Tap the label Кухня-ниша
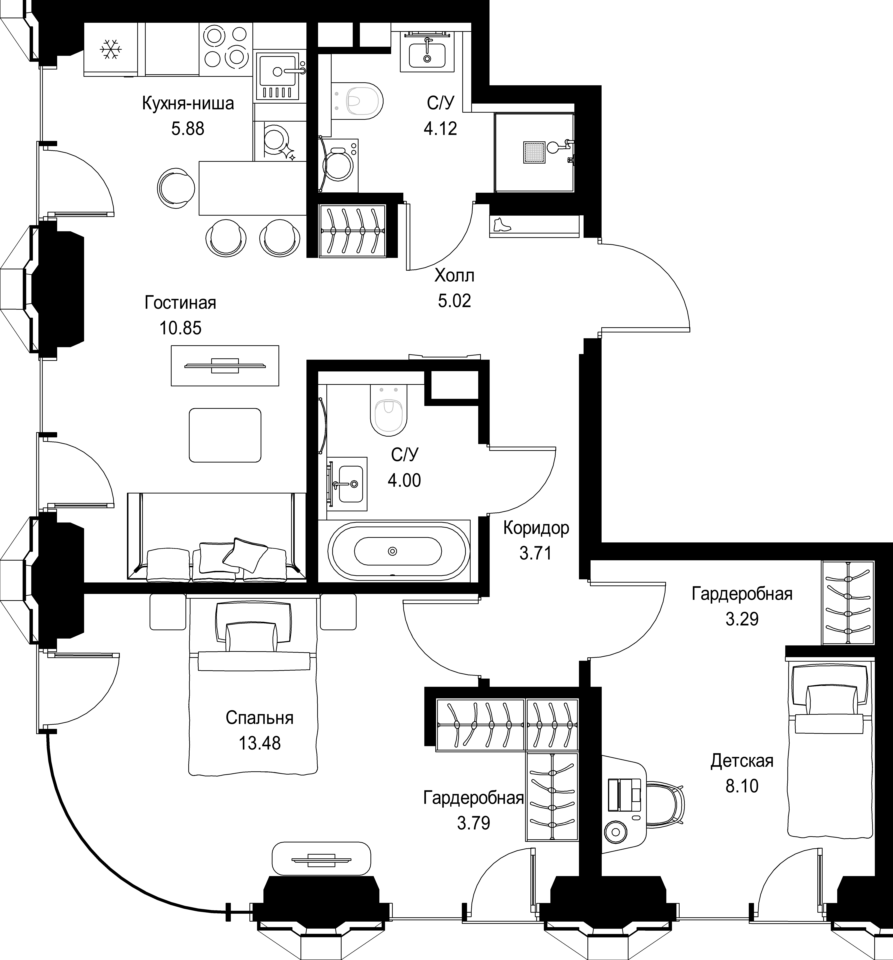[188, 103]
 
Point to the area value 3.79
[474, 822]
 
